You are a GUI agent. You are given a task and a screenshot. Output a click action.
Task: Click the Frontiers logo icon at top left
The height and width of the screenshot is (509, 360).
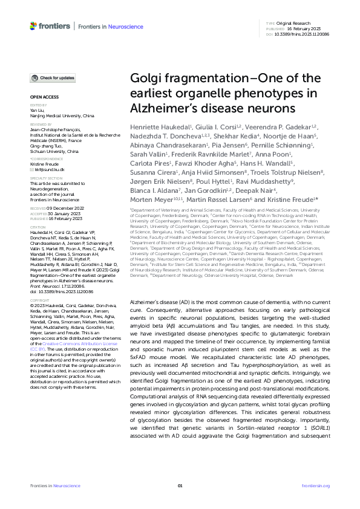tap(33, 25)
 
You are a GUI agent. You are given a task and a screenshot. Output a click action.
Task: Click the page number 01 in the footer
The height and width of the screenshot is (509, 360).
tap(180, 485)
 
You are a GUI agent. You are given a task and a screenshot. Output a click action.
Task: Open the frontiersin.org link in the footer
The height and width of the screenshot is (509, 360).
tap(315, 485)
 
